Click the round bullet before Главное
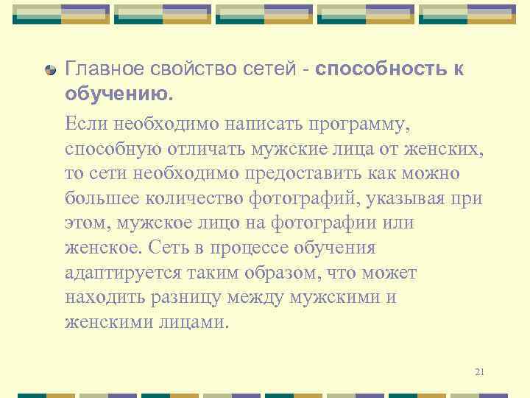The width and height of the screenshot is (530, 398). (50, 71)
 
